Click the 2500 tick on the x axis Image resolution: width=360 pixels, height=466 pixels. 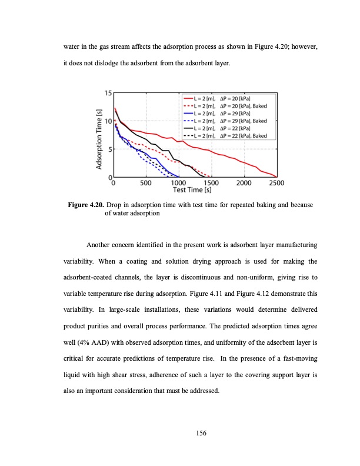click(x=276, y=182)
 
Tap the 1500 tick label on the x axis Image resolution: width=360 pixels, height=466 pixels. click(x=211, y=182)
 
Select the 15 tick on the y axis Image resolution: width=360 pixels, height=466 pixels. click(x=108, y=93)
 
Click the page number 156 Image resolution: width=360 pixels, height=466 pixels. click(x=180, y=434)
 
